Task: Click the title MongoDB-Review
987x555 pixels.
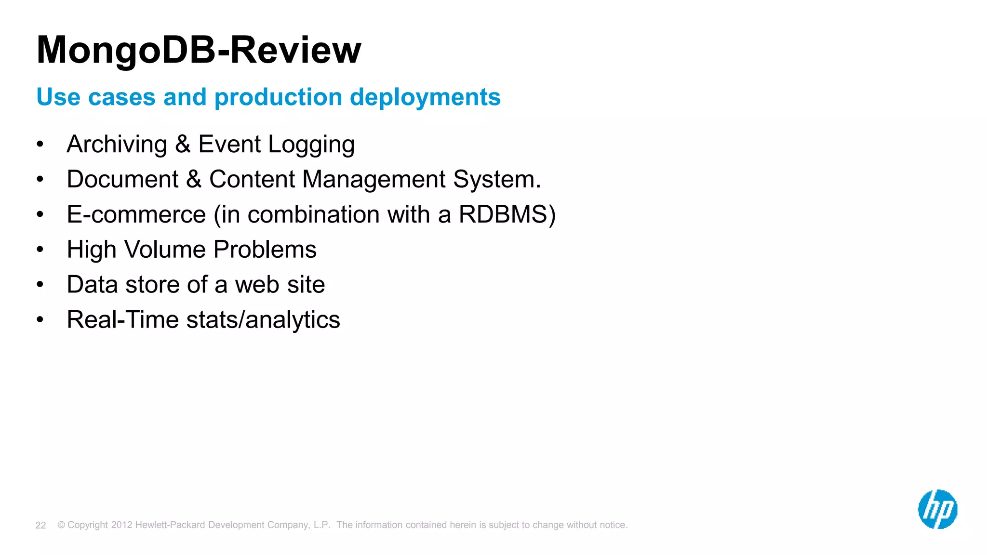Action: pyautogui.click(x=199, y=50)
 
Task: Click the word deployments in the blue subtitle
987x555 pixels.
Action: pyautogui.click(x=425, y=97)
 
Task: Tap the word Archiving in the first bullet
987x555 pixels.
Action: pyautogui.click(x=117, y=145)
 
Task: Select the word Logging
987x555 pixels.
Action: pyautogui.click(x=311, y=145)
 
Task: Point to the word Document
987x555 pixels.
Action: pyautogui.click(x=122, y=180)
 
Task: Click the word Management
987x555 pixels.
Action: pyautogui.click(x=373, y=180)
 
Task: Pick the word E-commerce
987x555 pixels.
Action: pyautogui.click(x=136, y=215)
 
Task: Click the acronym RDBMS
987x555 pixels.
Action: pyautogui.click(x=503, y=215)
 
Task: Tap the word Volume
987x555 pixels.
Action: pyautogui.click(x=165, y=250)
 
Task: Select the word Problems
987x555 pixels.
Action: pyautogui.click(x=265, y=250)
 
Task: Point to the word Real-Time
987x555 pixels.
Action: pyautogui.click(x=122, y=320)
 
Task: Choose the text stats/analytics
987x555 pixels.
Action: pyautogui.click(x=263, y=320)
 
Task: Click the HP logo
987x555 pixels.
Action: pyautogui.click(x=937, y=509)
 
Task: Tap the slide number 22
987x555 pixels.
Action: pyautogui.click(x=40, y=526)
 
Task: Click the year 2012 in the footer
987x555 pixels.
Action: pyautogui.click(x=121, y=525)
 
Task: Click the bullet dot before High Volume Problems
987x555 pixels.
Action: pyautogui.click(x=40, y=250)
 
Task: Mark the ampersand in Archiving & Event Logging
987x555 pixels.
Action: pyautogui.click(x=183, y=145)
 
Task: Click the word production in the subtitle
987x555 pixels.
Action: pyautogui.click(x=278, y=97)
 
